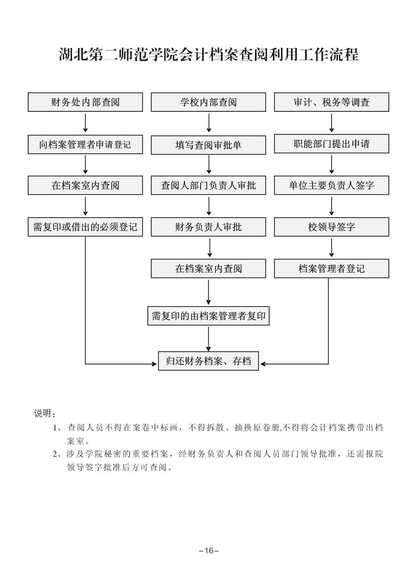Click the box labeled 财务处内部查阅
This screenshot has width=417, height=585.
click(85, 102)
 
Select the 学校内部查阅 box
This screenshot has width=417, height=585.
click(208, 102)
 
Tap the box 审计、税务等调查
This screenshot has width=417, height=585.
click(331, 102)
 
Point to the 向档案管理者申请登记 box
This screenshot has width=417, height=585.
click(85, 145)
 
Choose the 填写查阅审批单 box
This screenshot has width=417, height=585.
click(208, 145)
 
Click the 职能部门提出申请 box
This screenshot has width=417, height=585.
click(331, 144)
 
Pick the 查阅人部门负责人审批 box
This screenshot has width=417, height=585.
click(208, 186)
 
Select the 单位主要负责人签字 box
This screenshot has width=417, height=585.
click(331, 186)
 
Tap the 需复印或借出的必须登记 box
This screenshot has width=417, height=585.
click(85, 227)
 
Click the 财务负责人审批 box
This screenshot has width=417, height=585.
click(208, 227)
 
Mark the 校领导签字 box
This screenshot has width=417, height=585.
click(331, 227)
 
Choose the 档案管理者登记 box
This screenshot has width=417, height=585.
click(331, 268)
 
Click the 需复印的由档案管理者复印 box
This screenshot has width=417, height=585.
click(208, 316)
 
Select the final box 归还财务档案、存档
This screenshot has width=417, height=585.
click(208, 361)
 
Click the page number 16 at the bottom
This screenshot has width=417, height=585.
click(208, 551)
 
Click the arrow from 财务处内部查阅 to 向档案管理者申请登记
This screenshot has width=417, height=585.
click(86, 123)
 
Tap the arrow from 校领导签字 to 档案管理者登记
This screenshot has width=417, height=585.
click(332, 248)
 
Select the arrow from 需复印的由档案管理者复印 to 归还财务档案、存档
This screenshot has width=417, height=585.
click(209, 339)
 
